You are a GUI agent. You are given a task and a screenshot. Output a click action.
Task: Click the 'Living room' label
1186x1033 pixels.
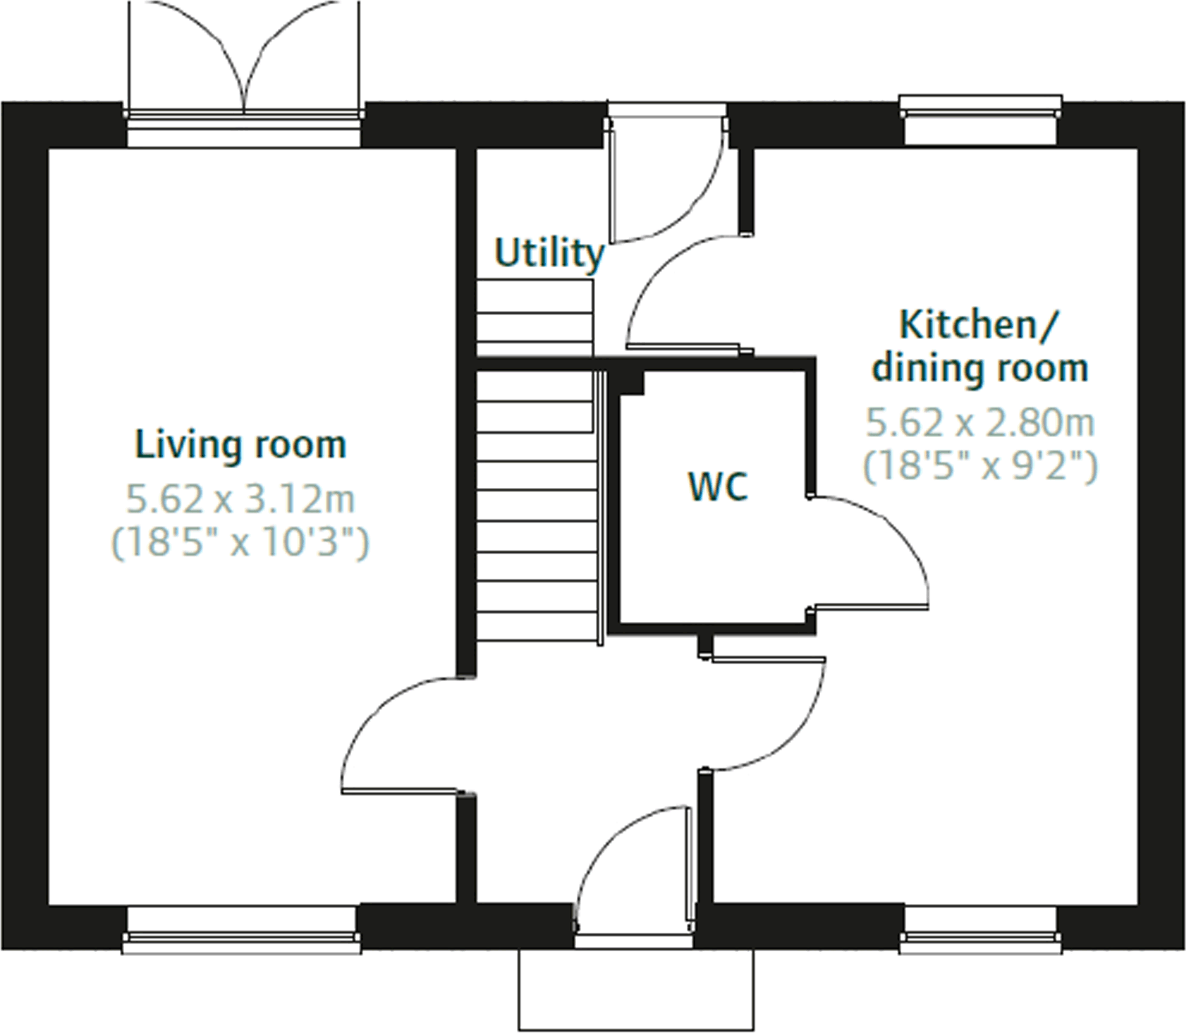[x=240, y=445]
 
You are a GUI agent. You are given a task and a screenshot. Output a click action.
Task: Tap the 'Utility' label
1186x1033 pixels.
[x=548, y=253]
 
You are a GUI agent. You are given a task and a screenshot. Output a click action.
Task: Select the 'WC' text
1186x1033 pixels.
[x=718, y=486]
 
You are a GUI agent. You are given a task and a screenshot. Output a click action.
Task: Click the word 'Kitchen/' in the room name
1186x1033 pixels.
[x=979, y=324]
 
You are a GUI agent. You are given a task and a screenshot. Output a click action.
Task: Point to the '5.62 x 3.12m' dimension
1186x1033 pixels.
[x=240, y=499]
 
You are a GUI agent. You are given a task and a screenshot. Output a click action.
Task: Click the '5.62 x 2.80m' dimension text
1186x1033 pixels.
[x=980, y=423]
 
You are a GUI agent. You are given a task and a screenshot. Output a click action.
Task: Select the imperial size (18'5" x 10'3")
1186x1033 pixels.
[x=240, y=543]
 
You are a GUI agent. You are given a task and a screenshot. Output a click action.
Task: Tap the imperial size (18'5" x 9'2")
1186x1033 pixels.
[x=980, y=467]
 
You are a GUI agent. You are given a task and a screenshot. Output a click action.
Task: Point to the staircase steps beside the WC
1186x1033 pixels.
[x=536, y=504]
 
